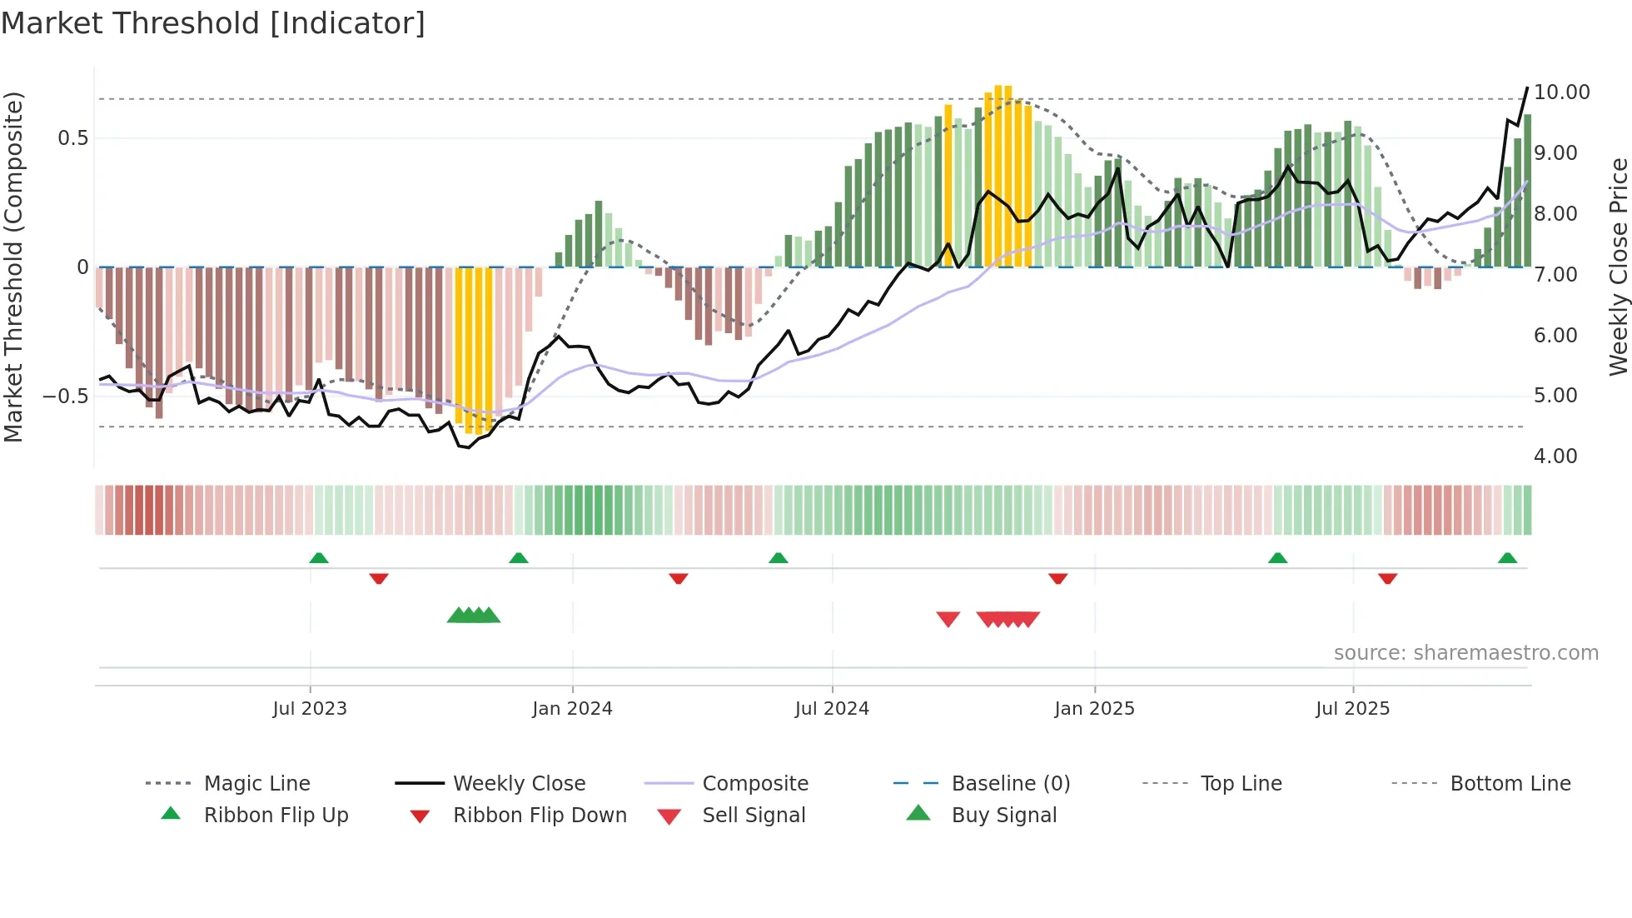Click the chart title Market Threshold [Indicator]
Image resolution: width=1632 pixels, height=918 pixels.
[213, 23]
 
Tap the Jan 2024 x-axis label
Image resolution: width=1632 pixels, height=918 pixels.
[572, 709]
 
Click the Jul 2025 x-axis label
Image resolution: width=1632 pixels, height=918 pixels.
[1352, 709]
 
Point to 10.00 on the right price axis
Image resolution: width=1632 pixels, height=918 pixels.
[1561, 92]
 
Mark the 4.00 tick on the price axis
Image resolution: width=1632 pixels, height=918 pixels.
[1555, 457]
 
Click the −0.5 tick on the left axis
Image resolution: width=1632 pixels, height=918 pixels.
[65, 397]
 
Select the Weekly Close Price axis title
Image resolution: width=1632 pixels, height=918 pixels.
[1618, 267]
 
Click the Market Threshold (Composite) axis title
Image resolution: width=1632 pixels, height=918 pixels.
[13, 267]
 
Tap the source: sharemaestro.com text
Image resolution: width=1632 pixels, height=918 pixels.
[1465, 653]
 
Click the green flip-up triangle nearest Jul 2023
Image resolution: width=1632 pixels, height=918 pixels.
[319, 558]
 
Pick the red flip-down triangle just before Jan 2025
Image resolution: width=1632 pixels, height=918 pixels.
[1057, 578]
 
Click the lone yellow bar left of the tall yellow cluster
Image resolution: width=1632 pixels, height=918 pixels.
[948, 185]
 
